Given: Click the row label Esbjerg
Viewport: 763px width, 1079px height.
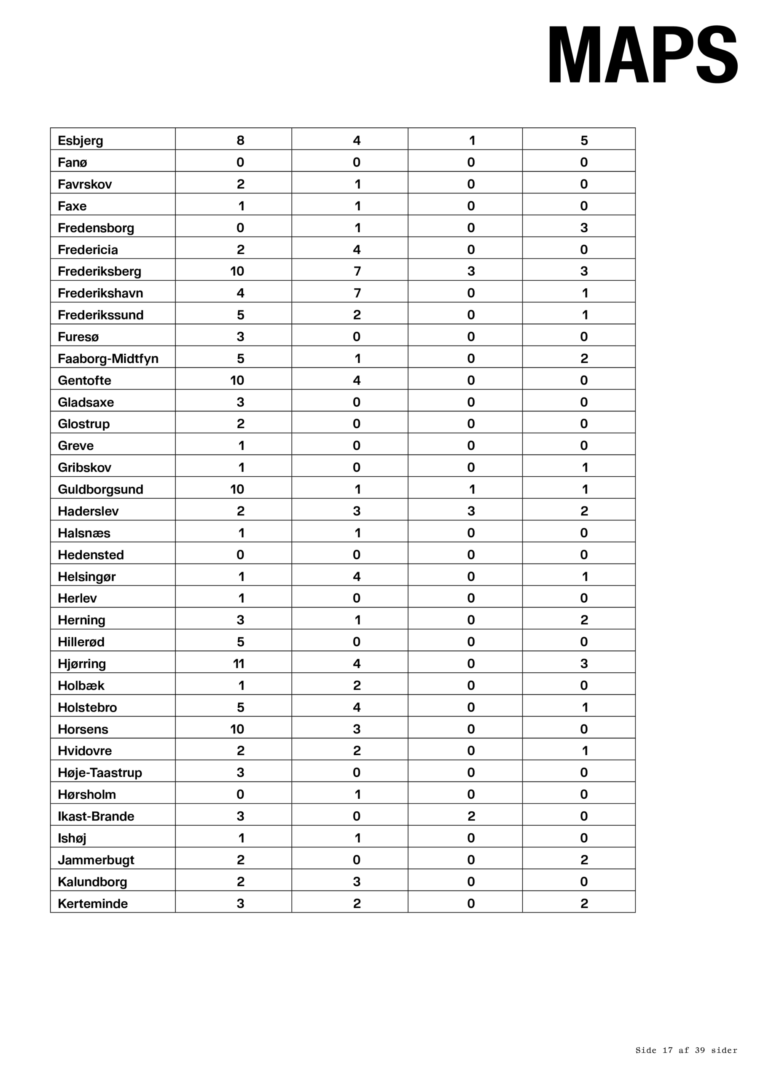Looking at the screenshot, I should (81, 140).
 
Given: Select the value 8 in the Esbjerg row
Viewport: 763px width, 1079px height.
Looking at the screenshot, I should (240, 140).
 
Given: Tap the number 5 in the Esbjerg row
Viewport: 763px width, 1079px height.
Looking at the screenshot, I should (584, 140).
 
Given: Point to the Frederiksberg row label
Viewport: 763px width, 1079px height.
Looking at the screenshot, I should (99, 271).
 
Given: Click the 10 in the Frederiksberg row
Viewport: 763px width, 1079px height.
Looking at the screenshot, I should (237, 271).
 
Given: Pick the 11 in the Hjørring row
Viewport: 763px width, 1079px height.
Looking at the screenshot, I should (238, 663).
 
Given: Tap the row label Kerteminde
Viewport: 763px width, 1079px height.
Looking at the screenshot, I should (93, 904).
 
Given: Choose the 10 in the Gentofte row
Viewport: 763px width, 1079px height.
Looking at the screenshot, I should (237, 380).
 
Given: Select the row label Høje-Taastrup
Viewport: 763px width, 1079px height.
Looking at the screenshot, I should (99, 773).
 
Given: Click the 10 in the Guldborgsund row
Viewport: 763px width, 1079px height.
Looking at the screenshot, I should (237, 489).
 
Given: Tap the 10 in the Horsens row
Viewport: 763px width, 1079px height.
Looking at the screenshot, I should (237, 729).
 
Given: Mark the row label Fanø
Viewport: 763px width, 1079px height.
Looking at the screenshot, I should (73, 163).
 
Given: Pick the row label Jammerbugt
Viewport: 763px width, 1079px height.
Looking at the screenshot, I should (96, 860).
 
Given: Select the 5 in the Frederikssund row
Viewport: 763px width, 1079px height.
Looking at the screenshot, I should (240, 315).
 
